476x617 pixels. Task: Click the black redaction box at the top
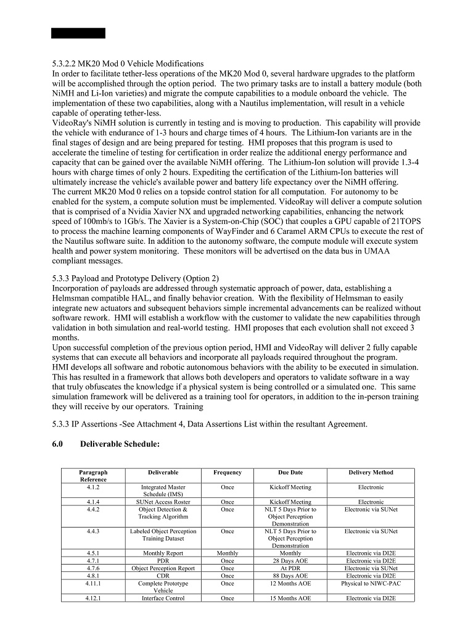click(78, 33)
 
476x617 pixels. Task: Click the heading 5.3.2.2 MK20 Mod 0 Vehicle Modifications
click(128, 64)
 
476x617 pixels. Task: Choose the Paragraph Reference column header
click(93, 476)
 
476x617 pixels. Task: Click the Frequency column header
click(228, 473)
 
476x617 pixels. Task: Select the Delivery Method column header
click(371, 473)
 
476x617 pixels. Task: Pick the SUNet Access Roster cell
click(163, 502)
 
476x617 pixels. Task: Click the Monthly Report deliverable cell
click(163, 553)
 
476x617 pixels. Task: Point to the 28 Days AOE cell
click(290, 561)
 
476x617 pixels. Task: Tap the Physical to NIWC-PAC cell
click(371, 583)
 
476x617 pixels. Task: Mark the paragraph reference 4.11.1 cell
click(93, 583)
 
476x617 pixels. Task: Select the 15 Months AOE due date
click(290, 598)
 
